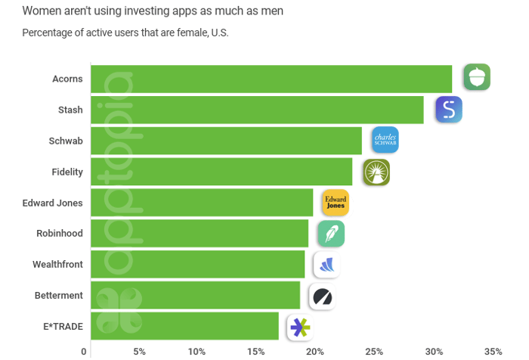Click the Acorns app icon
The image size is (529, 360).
coord(477,77)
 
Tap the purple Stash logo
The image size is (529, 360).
coord(449,110)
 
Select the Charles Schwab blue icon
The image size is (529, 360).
coord(385,140)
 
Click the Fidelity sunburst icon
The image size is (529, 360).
coord(376,172)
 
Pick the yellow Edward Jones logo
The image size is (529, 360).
coord(336,203)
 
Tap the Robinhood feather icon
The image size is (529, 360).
coord(331,234)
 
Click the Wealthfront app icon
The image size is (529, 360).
coord(326,265)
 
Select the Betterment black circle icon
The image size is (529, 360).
coord(323,296)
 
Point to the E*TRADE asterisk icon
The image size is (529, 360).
coord(300,327)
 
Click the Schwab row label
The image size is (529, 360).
coord(66,141)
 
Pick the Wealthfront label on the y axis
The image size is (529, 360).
coord(57,265)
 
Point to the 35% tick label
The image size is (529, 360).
coord(493,352)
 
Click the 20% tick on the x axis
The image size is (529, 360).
coord(315,352)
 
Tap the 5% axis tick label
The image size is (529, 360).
coord(139,352)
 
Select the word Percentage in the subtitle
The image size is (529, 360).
coord(48,33)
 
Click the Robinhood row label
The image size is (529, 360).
coord(60,233)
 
